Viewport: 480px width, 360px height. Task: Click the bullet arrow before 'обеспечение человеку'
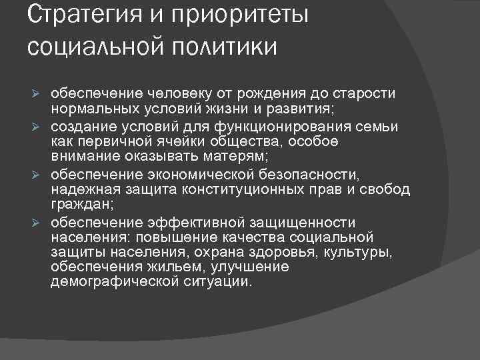pos(38,91)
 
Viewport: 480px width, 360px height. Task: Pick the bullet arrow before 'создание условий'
pos(38,125)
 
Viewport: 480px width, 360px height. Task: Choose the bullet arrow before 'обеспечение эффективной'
pos(38,223)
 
